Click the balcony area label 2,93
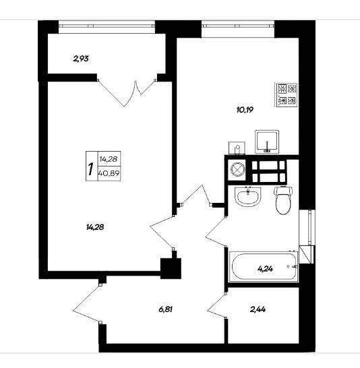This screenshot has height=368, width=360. (81, 59)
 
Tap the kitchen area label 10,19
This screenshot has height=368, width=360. (245, 110)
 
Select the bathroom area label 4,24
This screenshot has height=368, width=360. (265, 269)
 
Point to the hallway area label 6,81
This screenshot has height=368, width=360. (166, 309)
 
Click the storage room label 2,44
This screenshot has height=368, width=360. (258, 309)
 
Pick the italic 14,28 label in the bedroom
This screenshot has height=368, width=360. (95, 227)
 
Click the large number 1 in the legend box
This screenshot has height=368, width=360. (90, 169)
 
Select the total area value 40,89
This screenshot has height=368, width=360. (109, 173)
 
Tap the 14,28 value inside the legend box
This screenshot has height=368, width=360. (108, 159)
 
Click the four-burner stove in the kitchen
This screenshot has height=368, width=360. (287, 95)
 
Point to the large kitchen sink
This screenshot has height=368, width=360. (267, 142)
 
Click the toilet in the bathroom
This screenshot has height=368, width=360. (283, 200)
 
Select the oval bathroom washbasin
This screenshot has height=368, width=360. (248, 197)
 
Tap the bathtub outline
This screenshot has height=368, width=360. (264, 266)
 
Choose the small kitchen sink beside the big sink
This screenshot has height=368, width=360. (237, 148)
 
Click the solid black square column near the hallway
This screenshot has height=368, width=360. (171, 268)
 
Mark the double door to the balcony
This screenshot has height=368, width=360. (127, 92)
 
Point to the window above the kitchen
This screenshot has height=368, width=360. (238, 24)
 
